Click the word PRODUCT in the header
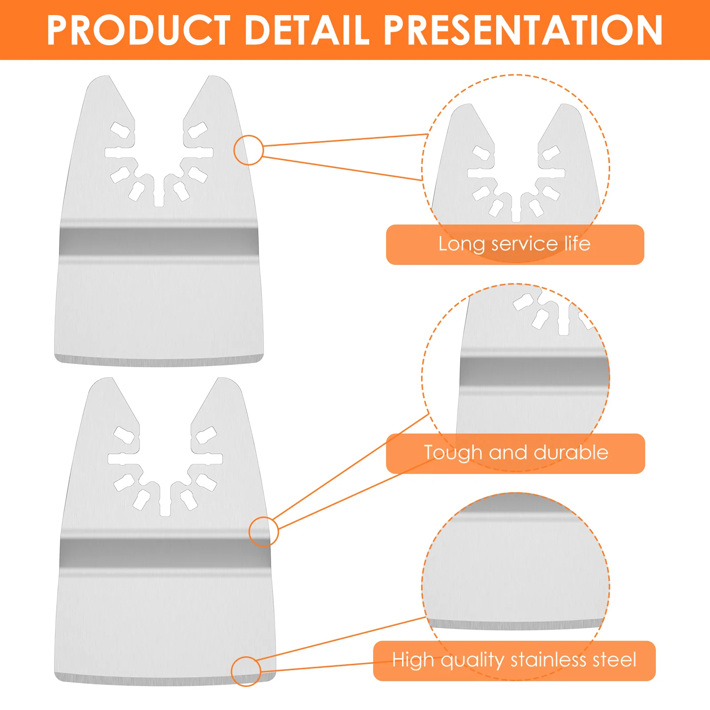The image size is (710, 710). click(x=138, y=30)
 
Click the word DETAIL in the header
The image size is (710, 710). click(x=307, y=30)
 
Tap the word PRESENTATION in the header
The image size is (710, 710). click(x=523, y=30)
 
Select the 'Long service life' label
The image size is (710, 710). click(x=515, y=245)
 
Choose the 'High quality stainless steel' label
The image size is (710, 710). click(x=514, y=661)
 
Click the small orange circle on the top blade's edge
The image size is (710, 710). click(x=248, y=150)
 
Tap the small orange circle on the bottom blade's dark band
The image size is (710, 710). click(x=264, y=532)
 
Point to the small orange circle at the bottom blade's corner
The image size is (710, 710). click(x=246, y=671)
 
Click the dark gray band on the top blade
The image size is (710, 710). click(x=158, y=242)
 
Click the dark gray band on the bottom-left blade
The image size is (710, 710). click(x=165, y=553)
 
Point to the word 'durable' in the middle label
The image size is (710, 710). click(x=571, y=453)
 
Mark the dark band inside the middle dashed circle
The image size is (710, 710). click(x=534, y=372)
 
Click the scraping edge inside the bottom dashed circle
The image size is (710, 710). click(x=516, y=625)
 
